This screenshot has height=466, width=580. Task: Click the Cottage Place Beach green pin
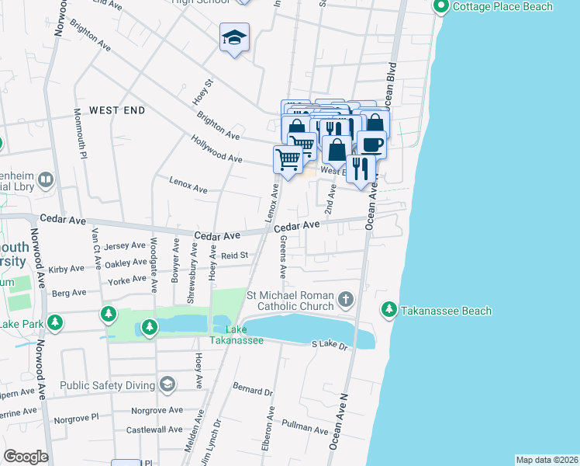tap(441, 7)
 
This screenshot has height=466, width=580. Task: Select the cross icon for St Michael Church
tap(346, 299)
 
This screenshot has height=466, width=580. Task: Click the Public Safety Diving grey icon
tap(167, 384)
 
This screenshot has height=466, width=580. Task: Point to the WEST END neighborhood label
tap(117, 110)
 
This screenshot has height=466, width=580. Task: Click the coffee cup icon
tap(371, 144)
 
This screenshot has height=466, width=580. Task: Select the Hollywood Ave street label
tap(216, 148)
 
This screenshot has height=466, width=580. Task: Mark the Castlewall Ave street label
tap(157, 429)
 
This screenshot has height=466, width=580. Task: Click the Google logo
tap(26, 457)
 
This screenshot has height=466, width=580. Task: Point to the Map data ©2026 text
tap(547, 460)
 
